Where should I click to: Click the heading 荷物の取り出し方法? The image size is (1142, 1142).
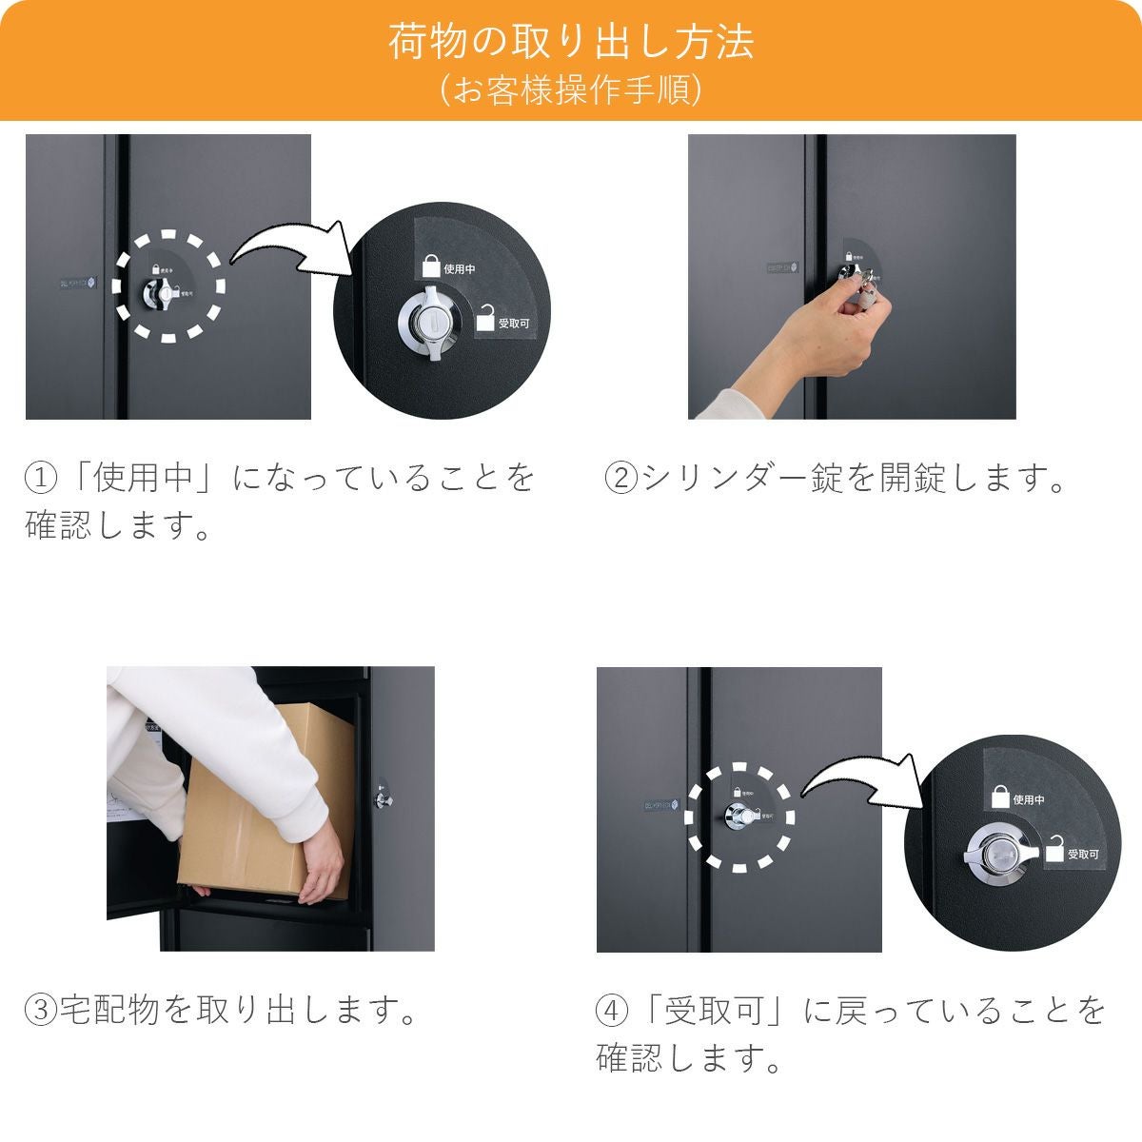coord(571,43)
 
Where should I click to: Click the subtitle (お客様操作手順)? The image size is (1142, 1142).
coord(571,90)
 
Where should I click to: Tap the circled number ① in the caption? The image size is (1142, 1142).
coord(41,477)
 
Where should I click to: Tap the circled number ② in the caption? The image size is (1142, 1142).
coord(621,477)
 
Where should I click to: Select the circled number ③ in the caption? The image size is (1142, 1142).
coord(41,1009)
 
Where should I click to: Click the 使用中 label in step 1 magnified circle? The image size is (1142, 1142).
coord(460,270)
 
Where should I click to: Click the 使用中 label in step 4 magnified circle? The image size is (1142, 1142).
coord(1028,799)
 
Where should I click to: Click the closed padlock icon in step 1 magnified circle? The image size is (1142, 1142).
coord(431,266)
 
